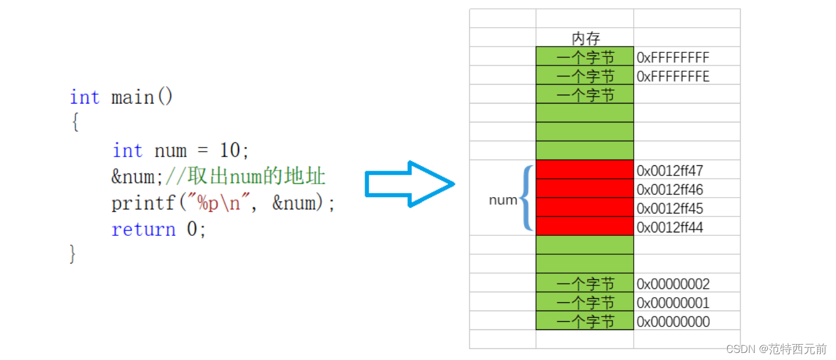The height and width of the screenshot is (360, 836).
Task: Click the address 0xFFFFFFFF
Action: click(x=673, y=58)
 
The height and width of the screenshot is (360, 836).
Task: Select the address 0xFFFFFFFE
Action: click(x=673, y=76)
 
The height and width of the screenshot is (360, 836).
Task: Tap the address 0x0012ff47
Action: click(x=670, y=171)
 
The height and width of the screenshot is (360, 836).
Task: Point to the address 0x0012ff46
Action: click(x=670, y=190)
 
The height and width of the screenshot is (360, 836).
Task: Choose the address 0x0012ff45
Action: click(x=670, y=209)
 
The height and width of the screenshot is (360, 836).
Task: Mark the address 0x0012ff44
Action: click(x=670, y=228)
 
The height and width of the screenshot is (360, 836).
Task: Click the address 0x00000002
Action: click(x=673, y=285)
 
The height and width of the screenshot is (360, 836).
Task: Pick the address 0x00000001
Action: click(x=673, y=304)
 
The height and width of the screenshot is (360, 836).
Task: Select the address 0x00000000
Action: click(x=673, y=322)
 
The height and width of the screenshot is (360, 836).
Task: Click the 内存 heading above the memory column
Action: click(x=586, y=39)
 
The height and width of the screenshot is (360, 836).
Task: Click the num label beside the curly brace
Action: click(x=503, y=200)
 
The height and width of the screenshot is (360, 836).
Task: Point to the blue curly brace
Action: click(x=527, y=198)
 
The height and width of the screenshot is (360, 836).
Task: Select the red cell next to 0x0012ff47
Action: click(x=584, y=169)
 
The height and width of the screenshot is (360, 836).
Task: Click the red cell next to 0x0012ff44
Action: click(x=584, y=226)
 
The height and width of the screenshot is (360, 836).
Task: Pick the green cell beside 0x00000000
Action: click(x=584, y=321)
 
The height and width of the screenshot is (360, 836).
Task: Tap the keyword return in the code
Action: click(x=143, y=229)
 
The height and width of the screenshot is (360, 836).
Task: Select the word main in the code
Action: click(x=132, y=97)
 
